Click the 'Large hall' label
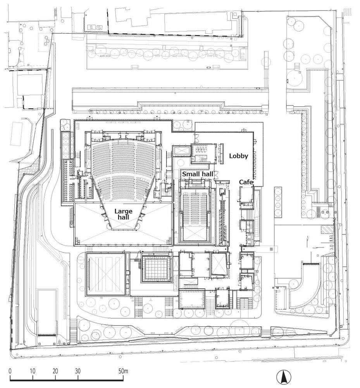coord(123,215)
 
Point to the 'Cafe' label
coord(246,182)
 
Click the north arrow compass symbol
coord(284,377)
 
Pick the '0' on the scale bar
coord(10,371)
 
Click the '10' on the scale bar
coord(33,371)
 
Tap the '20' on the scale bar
coord(55,371)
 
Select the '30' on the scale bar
coord(78,371)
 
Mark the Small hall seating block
coord(196,206)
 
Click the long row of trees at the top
coord(163,55)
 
